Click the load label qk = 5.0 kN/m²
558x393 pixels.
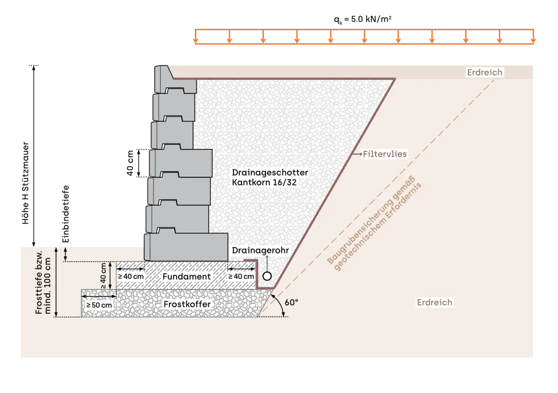(363, 20)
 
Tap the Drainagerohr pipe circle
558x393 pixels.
(267, 276)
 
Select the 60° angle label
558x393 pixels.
(292, 302)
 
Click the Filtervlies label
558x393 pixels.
(384, 154)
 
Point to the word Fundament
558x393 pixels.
(187, 277)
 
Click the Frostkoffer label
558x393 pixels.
(187, 304)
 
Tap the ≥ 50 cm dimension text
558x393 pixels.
(99, 306)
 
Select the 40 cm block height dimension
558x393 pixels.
(130, 163)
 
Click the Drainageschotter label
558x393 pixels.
(270, 173)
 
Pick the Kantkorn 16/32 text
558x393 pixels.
(264, 183)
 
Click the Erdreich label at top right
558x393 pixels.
(485, 72)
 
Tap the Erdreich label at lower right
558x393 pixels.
(435, 303)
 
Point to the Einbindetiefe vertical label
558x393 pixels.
(66, 214)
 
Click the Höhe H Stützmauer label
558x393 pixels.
(25, 183)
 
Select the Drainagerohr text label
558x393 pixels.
(260, 250)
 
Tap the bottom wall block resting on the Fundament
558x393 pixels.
(186, 247)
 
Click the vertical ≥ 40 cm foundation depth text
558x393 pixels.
(103, 276)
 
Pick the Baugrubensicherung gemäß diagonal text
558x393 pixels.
(371, 220)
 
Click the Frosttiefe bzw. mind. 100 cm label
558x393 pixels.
(43, 282)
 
